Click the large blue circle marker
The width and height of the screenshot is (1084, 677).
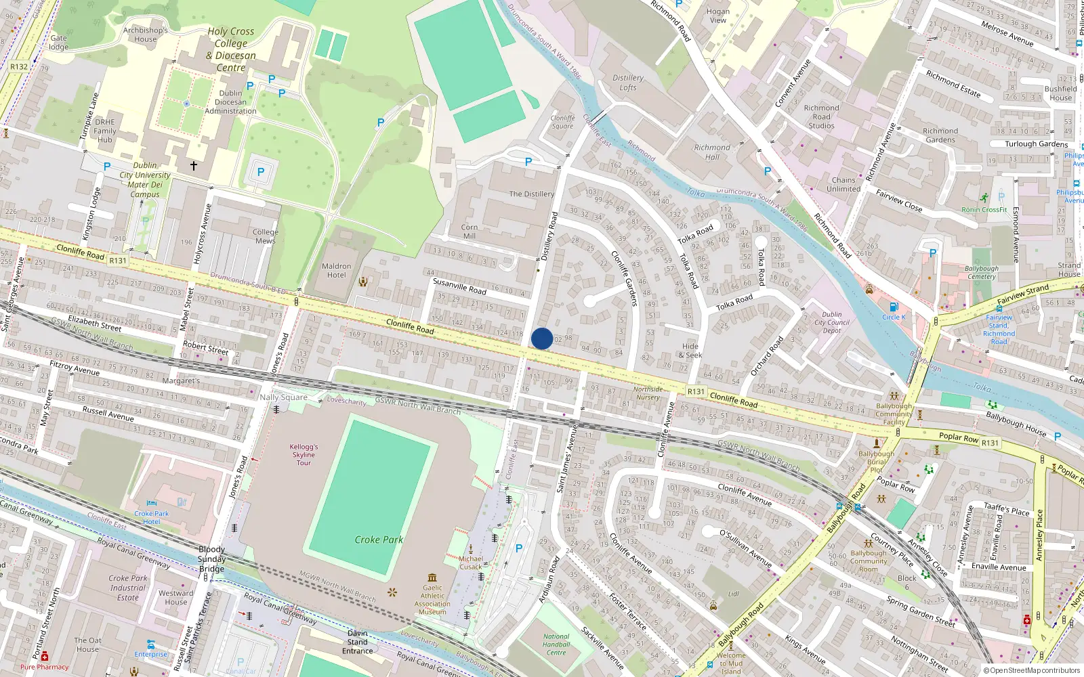point(542,338)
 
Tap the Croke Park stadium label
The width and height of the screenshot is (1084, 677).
point(379,540)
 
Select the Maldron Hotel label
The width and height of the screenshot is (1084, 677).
point(337,271)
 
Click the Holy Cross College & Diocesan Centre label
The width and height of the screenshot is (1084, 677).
point(231,49)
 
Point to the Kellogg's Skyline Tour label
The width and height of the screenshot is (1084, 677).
point(304,455)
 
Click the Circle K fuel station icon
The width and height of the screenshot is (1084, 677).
point(894,307)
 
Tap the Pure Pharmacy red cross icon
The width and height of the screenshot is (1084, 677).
point(45,656)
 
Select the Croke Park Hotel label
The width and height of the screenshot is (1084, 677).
point(152,517)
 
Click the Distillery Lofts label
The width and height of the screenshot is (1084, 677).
point(628,83)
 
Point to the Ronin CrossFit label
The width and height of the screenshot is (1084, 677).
point(984,209)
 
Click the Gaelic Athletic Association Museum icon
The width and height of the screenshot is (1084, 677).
point(433,577)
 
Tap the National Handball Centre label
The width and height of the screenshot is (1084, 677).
point(556,645)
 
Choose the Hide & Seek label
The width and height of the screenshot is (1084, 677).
point(691,351)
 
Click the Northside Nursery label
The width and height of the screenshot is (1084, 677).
point(648,393)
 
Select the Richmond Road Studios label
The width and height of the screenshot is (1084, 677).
point(821,116)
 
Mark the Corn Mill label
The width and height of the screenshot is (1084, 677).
point(470,232)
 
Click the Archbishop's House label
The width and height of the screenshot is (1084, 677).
point(146,35)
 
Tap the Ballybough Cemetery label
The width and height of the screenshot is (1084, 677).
point(982,272)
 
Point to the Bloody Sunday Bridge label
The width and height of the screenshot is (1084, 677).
point(211,559)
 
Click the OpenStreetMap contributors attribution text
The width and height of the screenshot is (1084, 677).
point(1031,670)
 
